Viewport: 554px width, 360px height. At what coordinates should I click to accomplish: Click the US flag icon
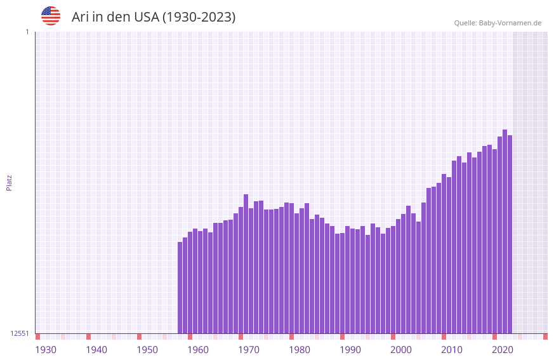[x=51, y=16]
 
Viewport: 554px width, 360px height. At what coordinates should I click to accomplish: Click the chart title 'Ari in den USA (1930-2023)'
[x=154, y=17]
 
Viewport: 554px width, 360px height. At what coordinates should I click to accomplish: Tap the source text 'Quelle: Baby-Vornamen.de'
[x=498, y=23]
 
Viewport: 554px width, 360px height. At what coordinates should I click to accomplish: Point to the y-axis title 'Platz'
[x=9, y=182]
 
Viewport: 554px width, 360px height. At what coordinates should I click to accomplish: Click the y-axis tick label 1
[x=27, y=32]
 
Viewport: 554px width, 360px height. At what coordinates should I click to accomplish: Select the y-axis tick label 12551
[x=20, y=333]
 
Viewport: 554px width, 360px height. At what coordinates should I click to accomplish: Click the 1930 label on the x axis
[x=46, y=350]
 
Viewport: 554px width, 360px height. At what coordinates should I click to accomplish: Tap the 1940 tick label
[x=96, y=350]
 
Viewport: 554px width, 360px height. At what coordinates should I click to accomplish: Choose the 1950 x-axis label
[x=147, y=350]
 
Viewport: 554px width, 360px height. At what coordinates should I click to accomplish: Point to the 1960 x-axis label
[x=198, y=350]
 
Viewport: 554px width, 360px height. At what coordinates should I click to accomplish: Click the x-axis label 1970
[x=249, y=350]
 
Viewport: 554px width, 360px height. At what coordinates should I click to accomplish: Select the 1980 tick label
[x=300, y=350]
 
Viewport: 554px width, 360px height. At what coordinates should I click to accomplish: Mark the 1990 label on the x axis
[x=350, y=350]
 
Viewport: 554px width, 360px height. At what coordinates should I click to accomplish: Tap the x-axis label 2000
[x=401, y=350]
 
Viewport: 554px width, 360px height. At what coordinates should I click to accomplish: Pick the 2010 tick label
[x=452, y=350]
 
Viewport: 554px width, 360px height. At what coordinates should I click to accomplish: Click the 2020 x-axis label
[x=503, y=350]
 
